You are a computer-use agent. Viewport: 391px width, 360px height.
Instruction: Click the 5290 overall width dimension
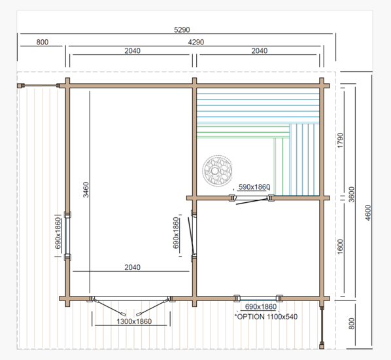[x=182, y=30]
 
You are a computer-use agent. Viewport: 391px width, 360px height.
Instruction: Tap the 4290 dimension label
[x=195, y=42]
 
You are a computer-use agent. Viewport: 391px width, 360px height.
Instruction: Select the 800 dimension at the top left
[x=42, y=42]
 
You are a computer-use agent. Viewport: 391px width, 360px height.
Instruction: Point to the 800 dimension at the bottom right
[x=351, y=323]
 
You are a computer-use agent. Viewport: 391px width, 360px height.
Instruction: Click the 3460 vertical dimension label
[x=86, y=190]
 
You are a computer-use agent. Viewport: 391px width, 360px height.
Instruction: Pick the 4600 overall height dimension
[x=368, y=213]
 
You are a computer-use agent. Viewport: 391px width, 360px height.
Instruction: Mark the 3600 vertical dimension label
[x=351, y=194]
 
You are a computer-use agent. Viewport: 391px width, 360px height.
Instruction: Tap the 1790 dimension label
[x=340, y=140]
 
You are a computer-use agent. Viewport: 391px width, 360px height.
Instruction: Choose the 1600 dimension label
[x=340, y=247]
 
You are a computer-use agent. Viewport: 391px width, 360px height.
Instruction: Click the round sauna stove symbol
[x=217, y=171]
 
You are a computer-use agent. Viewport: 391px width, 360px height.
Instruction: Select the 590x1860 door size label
[x=254, y=187]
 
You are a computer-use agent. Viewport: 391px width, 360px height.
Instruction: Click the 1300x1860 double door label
[x=134, y=321]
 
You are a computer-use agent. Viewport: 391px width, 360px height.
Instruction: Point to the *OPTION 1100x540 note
[x=266, y=317]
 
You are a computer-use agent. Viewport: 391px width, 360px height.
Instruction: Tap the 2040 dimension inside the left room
[x=133, y=267]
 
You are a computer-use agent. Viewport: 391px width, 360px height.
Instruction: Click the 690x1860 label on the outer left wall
[x=58, y=233]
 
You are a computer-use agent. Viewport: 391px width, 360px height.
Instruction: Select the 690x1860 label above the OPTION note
[x=261, y=306]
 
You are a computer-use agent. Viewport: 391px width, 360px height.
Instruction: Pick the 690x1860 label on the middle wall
[x=176, y=233]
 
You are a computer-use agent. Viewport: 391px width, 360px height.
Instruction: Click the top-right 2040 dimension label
[x=260, y=51]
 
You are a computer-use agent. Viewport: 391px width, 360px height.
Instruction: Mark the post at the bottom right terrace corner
[x=322, y=346]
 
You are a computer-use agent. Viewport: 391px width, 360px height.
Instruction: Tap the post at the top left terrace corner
[x=20, y=86]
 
